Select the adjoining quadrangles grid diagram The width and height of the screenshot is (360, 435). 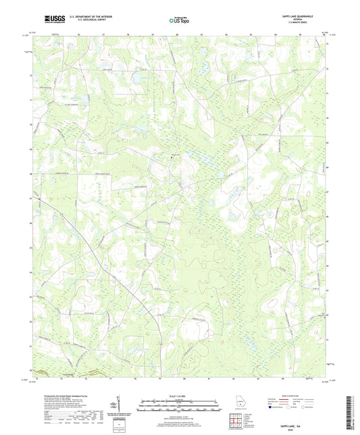pos(236,420)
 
